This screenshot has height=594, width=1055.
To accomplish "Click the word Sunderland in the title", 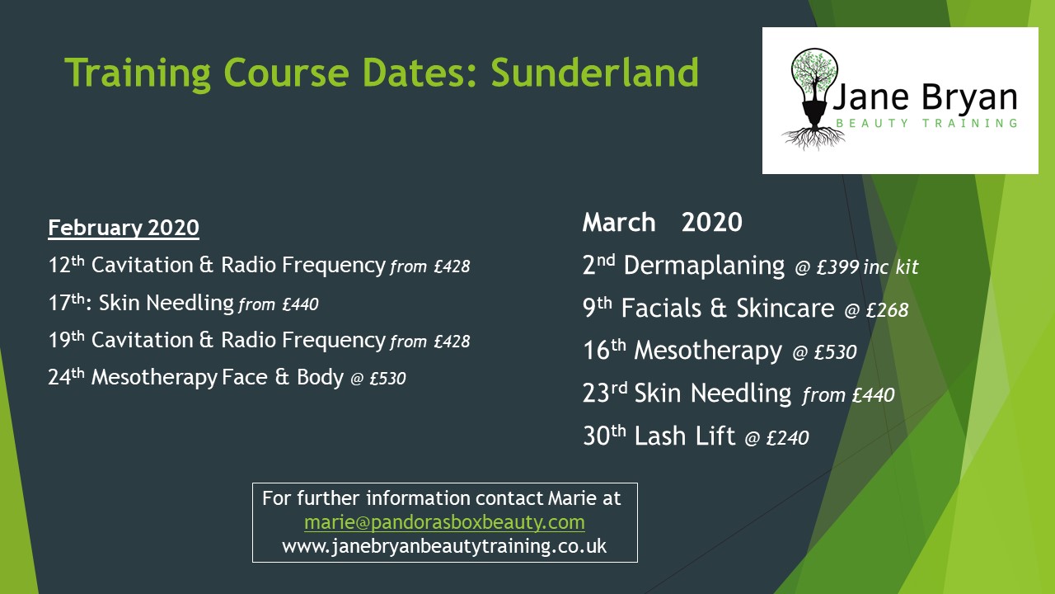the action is coord(595,73).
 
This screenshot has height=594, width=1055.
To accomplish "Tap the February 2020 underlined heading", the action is coord(124,229).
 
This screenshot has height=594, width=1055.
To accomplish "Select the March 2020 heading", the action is coord(662,222).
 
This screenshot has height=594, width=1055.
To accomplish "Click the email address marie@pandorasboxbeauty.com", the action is coord(444,523).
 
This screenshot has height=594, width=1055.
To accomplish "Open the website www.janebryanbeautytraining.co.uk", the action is coord(444,546).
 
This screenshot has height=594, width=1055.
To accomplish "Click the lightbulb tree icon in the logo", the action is coord(814,99).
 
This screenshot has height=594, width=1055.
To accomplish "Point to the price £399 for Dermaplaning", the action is coord(837,267).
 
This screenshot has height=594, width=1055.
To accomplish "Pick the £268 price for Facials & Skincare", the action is coord(888,309).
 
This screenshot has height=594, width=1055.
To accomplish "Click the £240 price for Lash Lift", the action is coord(787,437).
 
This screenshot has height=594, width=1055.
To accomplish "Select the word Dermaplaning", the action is coord(704,266).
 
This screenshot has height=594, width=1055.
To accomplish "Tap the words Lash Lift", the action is coord(684,436).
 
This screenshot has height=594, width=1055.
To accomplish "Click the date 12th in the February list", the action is coord(67,264).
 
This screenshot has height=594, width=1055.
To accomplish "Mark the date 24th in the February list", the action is coord(67,376).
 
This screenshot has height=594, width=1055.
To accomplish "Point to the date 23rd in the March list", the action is coord(605,393).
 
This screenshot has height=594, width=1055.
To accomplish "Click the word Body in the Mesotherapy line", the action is coord(321,377).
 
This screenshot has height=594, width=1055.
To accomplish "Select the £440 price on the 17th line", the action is coord(301,304).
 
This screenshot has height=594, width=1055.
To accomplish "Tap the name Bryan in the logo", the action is coord(969,98).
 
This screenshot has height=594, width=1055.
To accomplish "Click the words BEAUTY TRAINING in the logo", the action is coord(926,124).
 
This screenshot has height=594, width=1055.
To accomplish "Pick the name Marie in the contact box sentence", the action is coord(572,498).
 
